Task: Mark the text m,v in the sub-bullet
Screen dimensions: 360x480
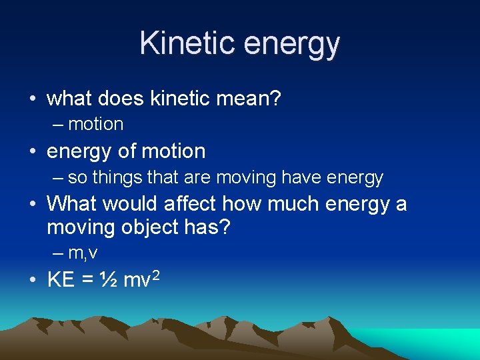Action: [83, 254]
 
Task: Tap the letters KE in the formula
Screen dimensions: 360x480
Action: [61, 280]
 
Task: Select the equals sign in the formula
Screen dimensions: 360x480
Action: [86, 280]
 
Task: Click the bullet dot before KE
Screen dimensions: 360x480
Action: [33, 281]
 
